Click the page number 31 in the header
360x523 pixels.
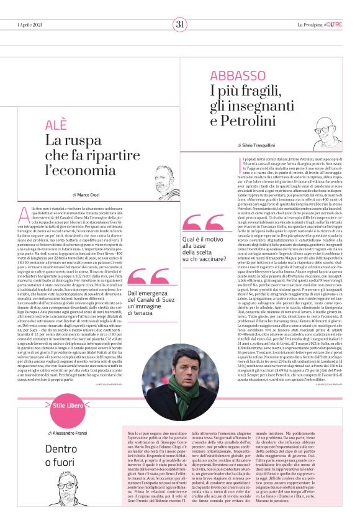coord(180,24)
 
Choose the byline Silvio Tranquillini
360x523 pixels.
coord(255,145)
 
